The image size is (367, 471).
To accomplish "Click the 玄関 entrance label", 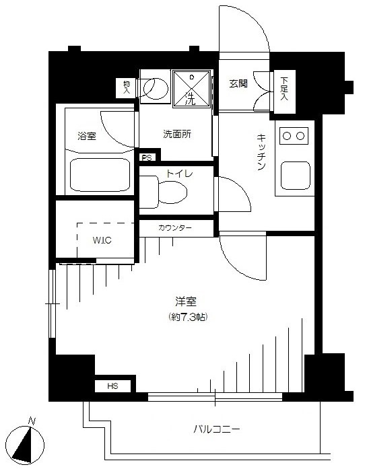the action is (238, 84).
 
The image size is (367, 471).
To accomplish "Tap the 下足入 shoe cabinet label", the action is (284, 89).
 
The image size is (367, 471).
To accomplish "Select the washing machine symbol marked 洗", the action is (191, 89).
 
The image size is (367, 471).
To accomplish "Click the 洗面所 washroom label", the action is (177, 134).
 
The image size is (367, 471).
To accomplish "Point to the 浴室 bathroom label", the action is (87, 136).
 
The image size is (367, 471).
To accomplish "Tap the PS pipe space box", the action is (147, 157).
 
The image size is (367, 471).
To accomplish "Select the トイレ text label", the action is (179, 174).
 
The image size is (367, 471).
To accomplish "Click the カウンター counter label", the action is (174, 228).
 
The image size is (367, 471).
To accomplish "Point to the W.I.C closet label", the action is (102, 240).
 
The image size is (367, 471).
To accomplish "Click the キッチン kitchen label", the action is (261, 152).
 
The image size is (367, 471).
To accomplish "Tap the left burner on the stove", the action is (287, 136).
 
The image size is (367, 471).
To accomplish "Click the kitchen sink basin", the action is (296, 176).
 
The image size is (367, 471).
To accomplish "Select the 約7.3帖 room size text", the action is (189, 317).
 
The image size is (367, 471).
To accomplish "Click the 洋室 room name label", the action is (187, 301).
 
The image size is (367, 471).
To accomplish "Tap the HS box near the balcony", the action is (112, 386).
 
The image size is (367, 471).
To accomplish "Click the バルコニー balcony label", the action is (216, 429).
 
